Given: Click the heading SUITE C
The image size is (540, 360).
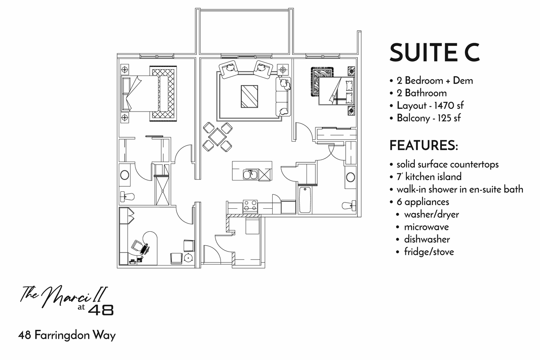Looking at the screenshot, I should point(435,53).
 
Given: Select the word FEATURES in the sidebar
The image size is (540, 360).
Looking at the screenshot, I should point(423,146).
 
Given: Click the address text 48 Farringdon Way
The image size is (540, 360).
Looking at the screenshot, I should point(67,336).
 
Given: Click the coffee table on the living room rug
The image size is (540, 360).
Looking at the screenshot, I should point(249,96).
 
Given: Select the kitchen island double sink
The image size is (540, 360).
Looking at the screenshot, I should point(250,174).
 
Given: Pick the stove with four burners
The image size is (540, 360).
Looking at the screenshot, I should point(250,206).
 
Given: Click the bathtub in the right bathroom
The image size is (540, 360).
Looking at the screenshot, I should point(305,200).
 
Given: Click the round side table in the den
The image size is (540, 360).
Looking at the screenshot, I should point(189,258).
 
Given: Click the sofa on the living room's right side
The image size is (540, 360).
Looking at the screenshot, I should point(283,96).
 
